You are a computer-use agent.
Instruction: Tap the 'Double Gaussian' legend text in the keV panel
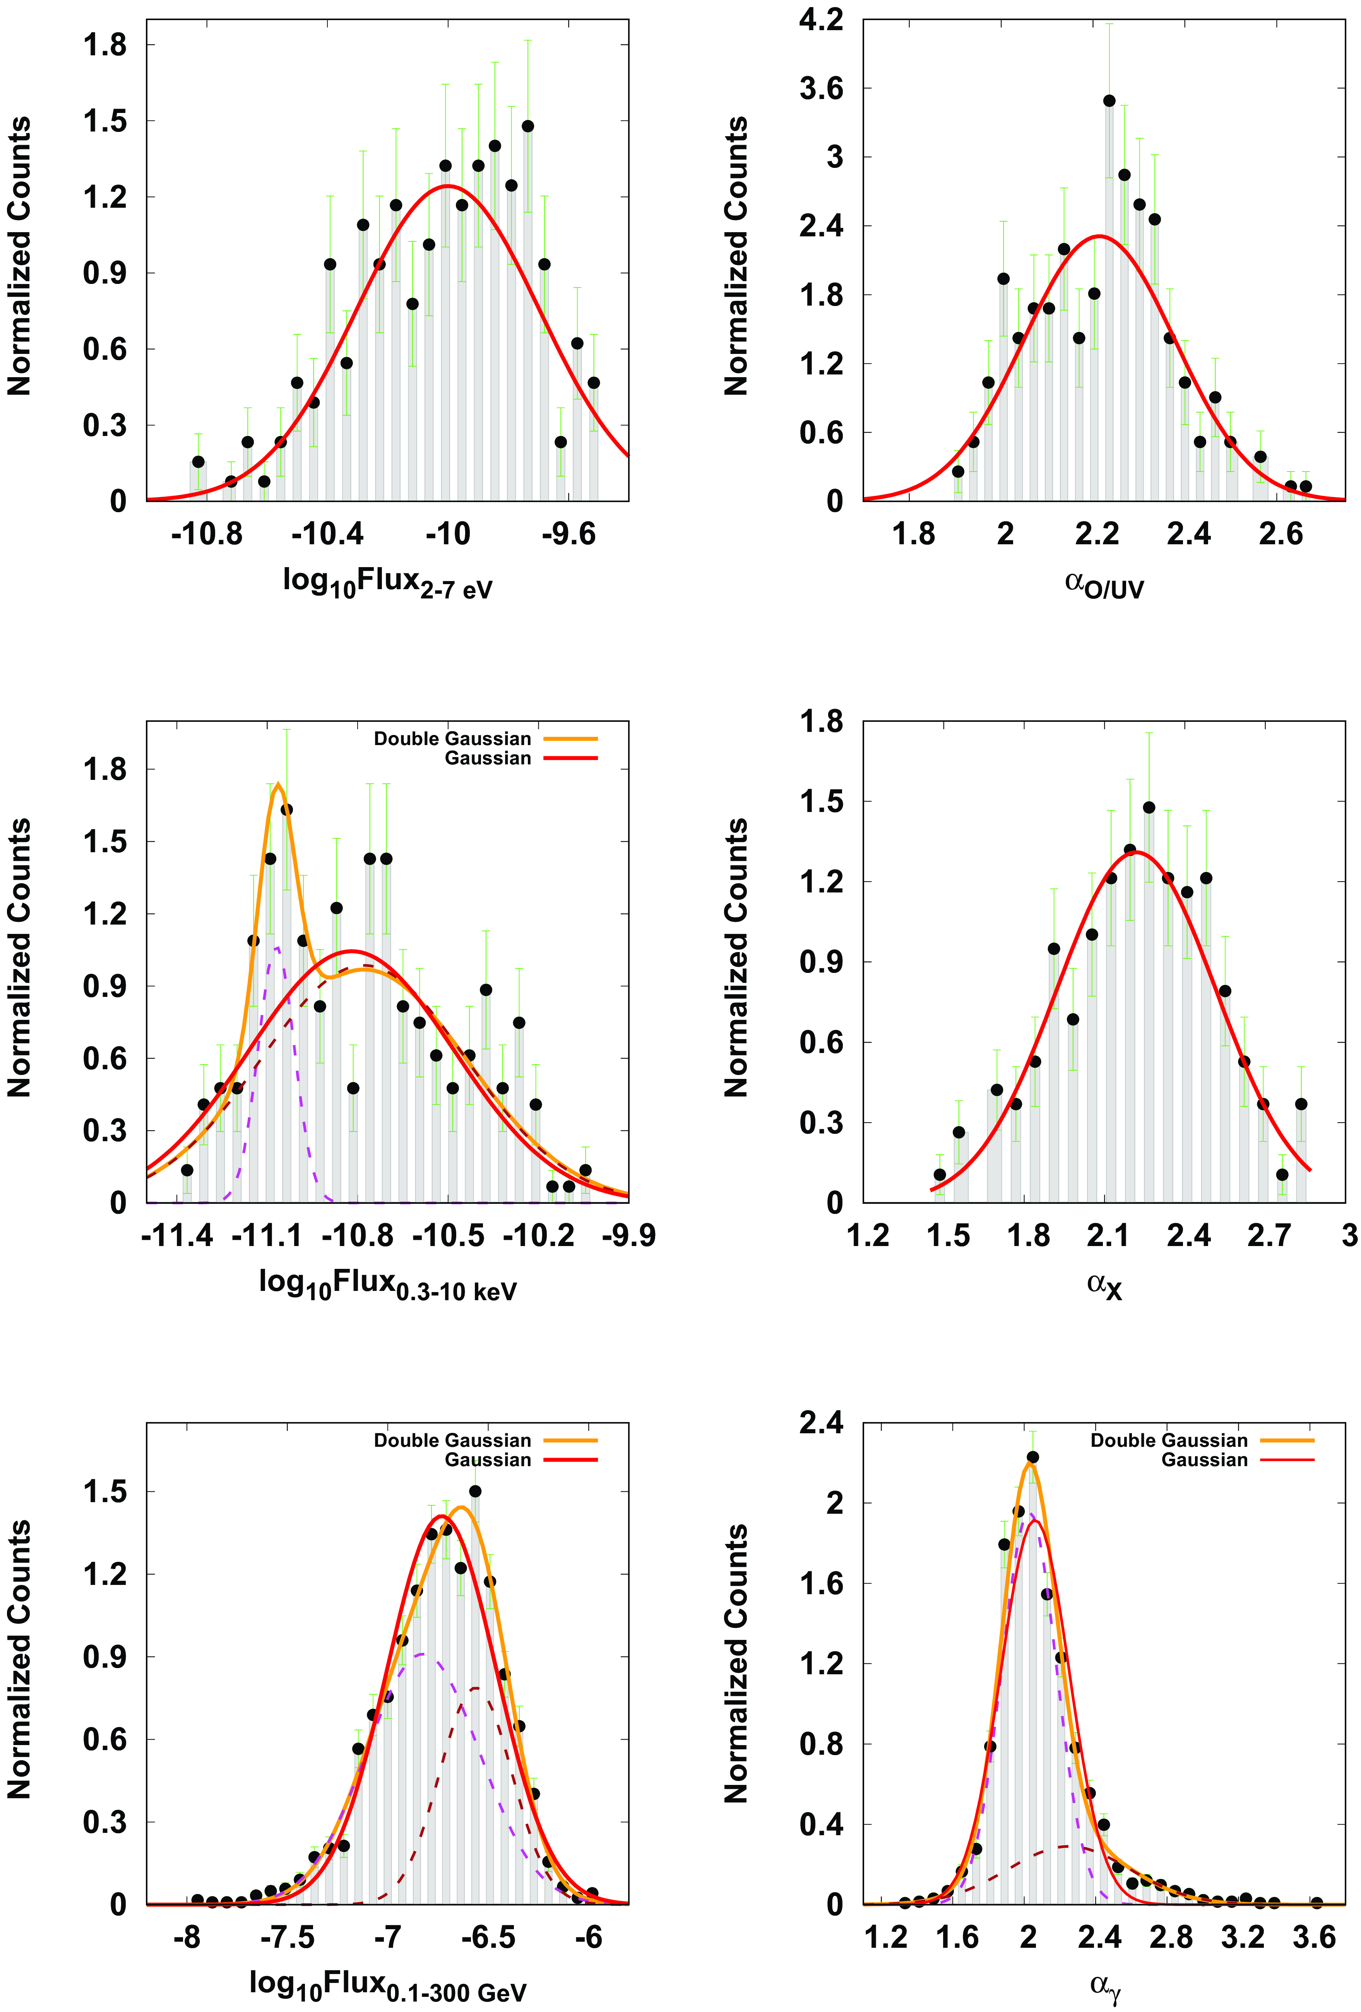[452, 738]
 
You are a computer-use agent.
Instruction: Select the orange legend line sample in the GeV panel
[570, 1441]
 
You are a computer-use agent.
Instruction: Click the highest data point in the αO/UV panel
[1109, 101]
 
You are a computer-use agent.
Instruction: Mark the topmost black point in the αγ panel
[1032, 1457]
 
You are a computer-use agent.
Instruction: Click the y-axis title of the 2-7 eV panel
[19, 256]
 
